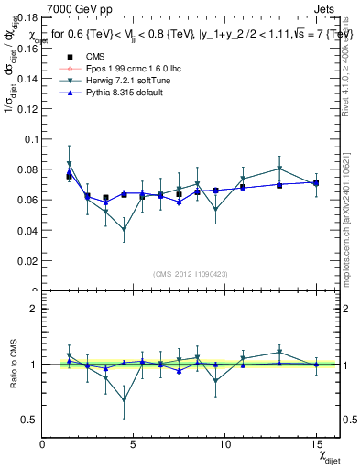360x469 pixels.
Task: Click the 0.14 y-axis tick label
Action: [x=25, y=78]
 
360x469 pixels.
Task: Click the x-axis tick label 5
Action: [x=134, y=444]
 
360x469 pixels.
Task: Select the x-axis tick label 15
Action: [x=315, y=444]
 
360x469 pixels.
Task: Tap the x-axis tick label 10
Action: [x=224, y=444]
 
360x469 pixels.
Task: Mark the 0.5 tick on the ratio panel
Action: [x=27, y=420]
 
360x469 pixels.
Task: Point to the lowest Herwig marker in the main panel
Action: [x=124, y=230]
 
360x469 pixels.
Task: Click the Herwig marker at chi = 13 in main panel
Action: [x=279, y=169]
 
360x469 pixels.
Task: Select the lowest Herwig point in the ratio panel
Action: [x=124, y=400]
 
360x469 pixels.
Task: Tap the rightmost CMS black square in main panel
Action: [x=315, y=183]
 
